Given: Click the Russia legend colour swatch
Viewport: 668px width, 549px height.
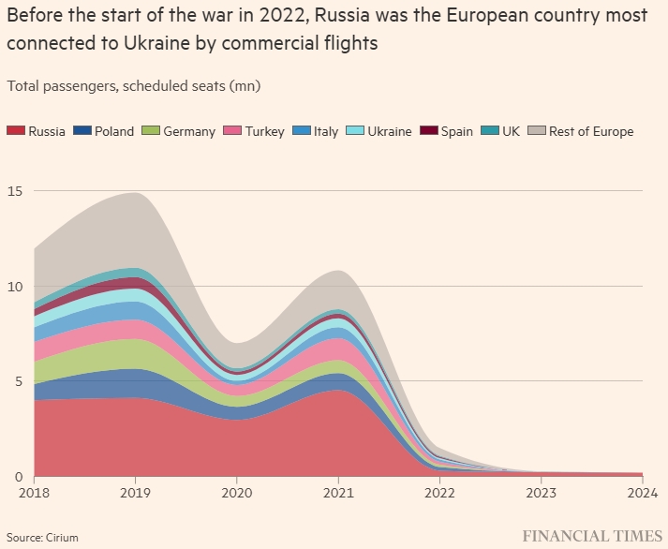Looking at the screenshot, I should (x=15, y=131).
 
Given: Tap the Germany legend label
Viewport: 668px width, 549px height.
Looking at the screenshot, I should (x=188, y=131).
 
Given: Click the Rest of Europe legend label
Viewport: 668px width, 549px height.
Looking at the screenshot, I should (x=590, y=131).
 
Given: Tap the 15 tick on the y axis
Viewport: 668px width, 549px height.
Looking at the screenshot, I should (x=16, y=191).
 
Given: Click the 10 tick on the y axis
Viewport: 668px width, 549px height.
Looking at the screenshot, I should (x=16, y=287).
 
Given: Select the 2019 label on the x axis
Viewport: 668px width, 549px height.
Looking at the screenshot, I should (x=136, y=492).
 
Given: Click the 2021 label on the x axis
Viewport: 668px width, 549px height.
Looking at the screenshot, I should (x=338, y=492).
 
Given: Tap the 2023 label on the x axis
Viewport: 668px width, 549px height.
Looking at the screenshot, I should (x=541, y=492).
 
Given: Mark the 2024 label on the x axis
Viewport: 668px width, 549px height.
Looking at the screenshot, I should (x=641, y=492).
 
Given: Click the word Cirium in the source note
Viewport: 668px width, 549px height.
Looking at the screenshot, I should (x=62, y=538).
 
